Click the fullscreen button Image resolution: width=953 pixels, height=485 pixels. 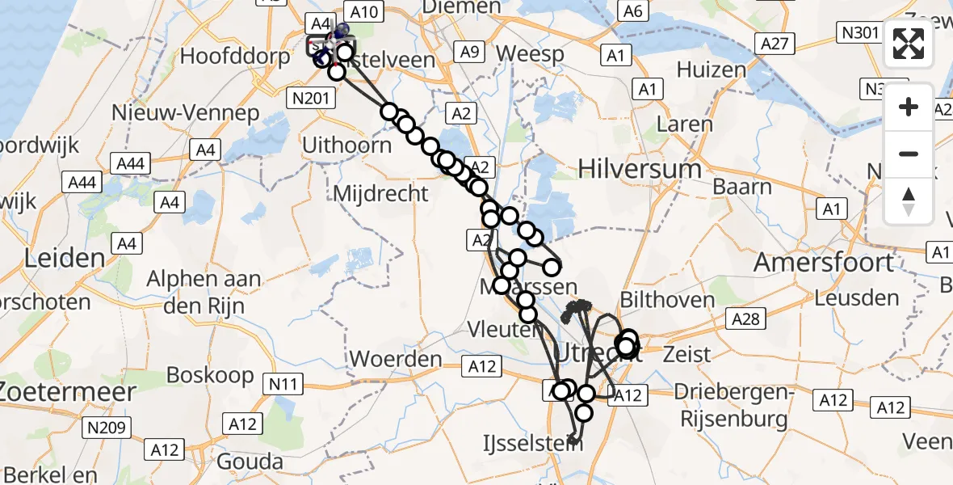click(909, 44)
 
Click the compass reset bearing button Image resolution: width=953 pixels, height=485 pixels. click(909, 201)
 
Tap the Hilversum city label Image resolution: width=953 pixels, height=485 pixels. click(640, 169)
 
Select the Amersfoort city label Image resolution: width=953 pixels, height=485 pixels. click(824, 263)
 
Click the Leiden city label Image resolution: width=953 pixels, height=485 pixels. click(65, 259)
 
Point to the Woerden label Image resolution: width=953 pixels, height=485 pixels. click(396, 359)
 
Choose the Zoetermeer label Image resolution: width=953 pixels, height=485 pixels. click(67, 390)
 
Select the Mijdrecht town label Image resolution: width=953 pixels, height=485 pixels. click(380, 193)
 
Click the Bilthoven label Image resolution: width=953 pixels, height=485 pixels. click(667, 300)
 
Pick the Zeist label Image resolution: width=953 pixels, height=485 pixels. click(686, 354)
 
